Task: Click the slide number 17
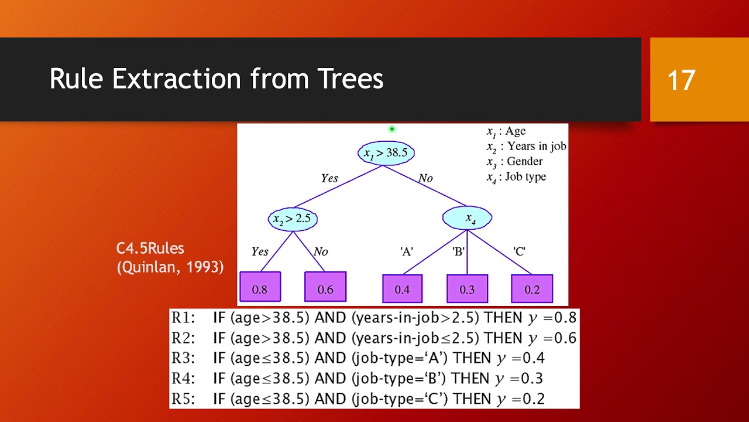pos(681,80)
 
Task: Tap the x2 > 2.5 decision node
pos(293,219)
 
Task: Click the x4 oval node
pos(468,219)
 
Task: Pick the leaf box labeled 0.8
pos(260,287)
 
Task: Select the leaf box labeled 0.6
pos(325,287)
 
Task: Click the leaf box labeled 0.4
pos(402,288)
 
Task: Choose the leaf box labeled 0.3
pos(467,288)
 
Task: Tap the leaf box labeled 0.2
pos(532,288)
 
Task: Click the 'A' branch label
pos(407,251)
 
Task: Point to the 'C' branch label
pos(519,251)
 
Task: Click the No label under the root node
pos(425,178)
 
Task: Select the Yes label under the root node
pos(329,178)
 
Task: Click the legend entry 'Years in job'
pos(536,146)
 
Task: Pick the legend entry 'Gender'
pos(524,161)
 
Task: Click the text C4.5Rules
pos(150,249)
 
